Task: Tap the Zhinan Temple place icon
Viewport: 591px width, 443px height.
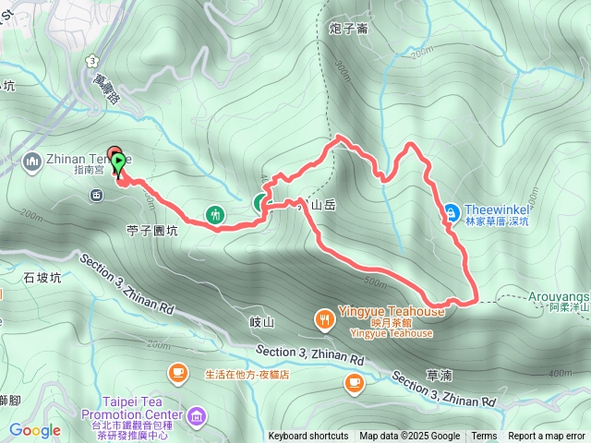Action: click(x=33, y=162)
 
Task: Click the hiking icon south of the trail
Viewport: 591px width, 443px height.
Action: click(x=215, y=213)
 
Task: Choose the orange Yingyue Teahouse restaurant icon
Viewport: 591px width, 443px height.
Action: click(x=325, y=319)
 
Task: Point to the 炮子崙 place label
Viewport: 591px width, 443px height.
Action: click(x=349, y=29)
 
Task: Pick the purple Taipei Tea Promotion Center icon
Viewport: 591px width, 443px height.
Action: click(x=195, y=418)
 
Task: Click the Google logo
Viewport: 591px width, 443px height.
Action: click(x=35, y=431)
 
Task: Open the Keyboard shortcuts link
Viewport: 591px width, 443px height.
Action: click(x=308, y=437)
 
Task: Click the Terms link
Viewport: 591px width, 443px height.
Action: click(x=484, y=437)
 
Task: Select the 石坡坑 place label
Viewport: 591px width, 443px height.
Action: click(x=42, y=277)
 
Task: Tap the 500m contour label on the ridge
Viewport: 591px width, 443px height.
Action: click(x=375, y=281)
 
